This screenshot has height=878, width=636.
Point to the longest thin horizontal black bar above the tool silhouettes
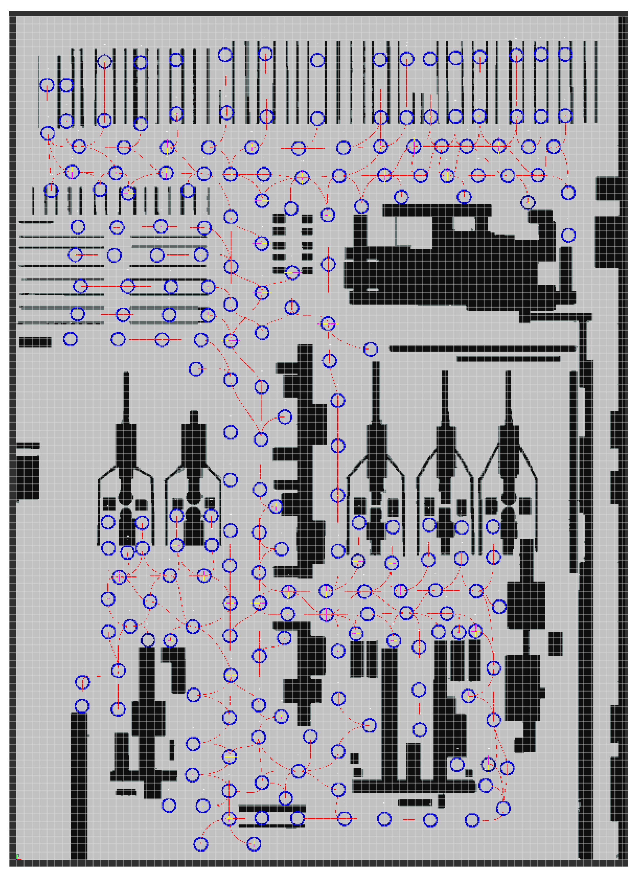pyautogui.click(x=482, y=348)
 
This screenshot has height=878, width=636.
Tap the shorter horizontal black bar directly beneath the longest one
pyautogui.click(x=508, y=359)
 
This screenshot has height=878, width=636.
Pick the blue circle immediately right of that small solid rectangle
pyautogui.click(x=70, y=339)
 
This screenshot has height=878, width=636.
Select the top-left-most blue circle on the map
pyautogui.click(x=47, y=85)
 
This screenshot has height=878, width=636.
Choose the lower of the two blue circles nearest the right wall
pyautogui.click(x=568, y=235)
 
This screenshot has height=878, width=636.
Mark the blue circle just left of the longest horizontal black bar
pyautogui.click(x=370, y=349)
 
